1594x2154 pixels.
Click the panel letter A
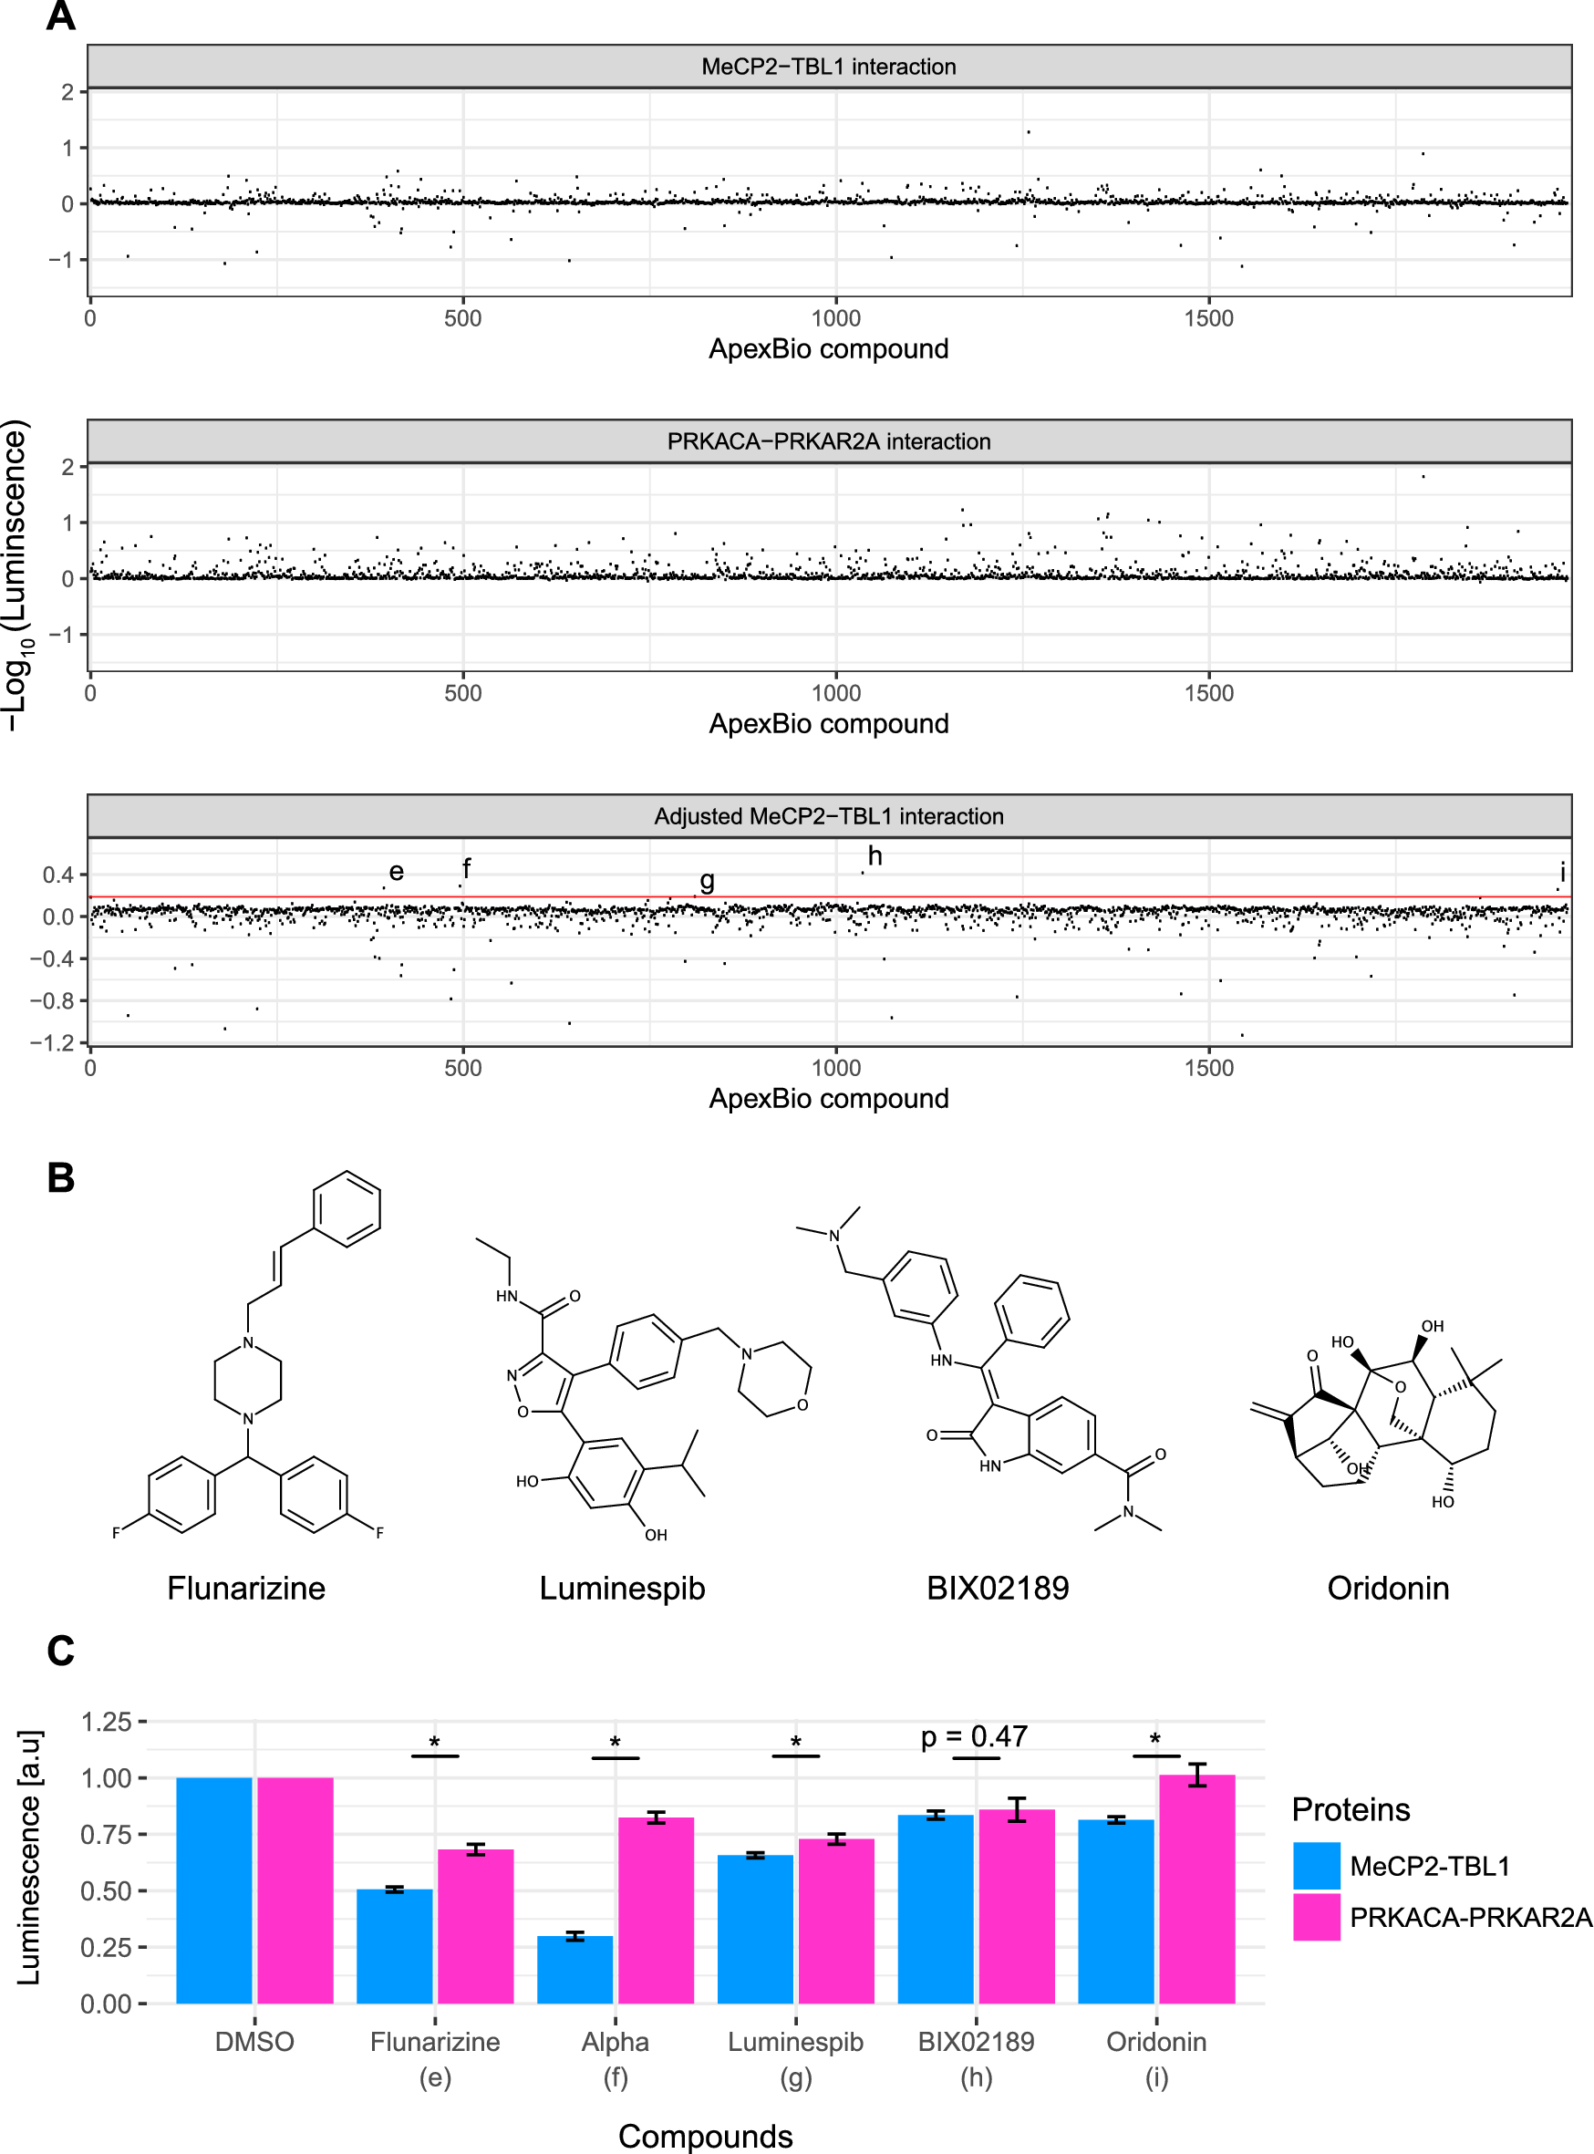(x=61, y=16)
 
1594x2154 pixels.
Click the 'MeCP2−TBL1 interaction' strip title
(x=828, y=67)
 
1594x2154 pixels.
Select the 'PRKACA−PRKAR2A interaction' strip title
(x=828, y=441)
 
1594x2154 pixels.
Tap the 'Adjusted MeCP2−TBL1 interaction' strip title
(x=828, y=816)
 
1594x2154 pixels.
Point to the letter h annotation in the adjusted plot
(x=875, y=856)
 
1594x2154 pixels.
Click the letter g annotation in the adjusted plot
(x=708, y=880)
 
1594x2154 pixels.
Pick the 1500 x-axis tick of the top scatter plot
(x=1209, y=318)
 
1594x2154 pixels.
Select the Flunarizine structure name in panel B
(x=246, y=1589)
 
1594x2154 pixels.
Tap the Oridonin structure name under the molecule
(x=1388, y=1589)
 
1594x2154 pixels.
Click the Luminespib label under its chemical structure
(x=622, y=1589)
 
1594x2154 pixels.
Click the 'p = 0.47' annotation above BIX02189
(x=974, y=1737)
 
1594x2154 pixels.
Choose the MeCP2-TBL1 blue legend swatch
(x=1316, y=1866)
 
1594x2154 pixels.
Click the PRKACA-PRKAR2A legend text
(x=1470, y=1918)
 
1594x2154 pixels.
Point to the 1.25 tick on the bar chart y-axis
(x=106, y=1723)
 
